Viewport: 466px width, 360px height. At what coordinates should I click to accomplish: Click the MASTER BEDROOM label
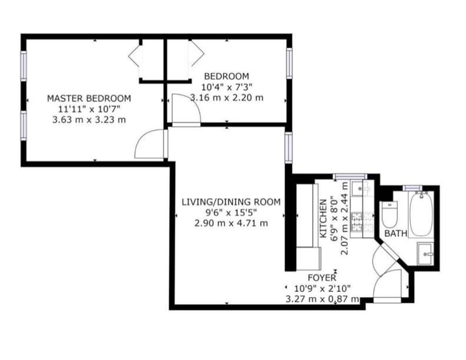click(89, 98)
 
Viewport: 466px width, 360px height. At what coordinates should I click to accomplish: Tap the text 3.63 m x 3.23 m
click(89, 120)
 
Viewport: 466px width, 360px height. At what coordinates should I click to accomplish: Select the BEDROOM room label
click(226, 76)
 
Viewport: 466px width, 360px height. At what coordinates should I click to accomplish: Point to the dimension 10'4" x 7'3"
click(226, 87)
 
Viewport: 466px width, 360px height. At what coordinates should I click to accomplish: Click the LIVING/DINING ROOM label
click(231, 202)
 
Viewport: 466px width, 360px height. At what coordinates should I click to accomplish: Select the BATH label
click(396, 233)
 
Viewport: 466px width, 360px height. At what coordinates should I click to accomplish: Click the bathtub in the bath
click(421, 214)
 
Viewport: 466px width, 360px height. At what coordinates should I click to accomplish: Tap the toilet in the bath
click(389, 214)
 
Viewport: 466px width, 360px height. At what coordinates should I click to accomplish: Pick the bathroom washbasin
click(426, 253)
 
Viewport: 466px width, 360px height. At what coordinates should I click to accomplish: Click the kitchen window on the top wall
click(349, 176)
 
